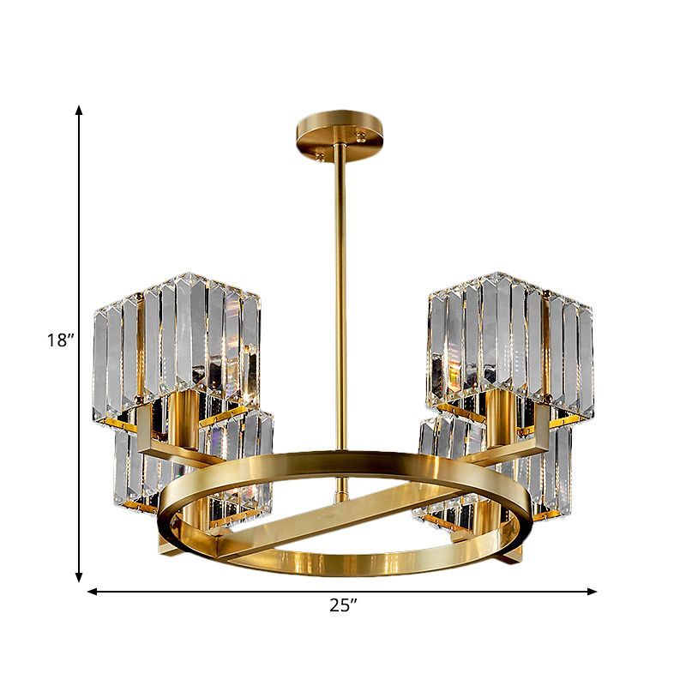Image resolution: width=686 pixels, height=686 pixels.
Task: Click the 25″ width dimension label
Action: coord(342,605)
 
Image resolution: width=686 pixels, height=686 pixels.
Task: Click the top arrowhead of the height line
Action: coord(79,109)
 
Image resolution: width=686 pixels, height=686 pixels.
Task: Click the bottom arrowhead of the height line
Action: coord(79,578)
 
